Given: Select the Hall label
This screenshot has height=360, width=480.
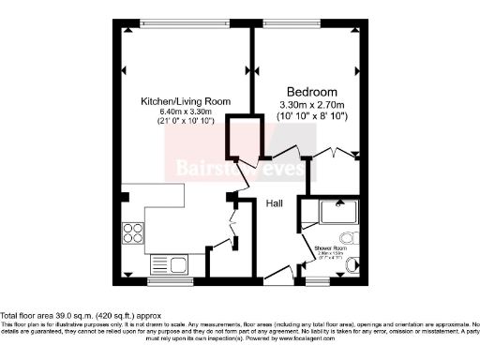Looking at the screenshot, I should click(275, 203).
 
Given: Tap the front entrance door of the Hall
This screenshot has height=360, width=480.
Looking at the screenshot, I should click(278, 273).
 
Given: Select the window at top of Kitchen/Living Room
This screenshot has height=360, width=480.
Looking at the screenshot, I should click(185, 22).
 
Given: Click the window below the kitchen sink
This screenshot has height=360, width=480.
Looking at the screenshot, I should click(170, 279).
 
